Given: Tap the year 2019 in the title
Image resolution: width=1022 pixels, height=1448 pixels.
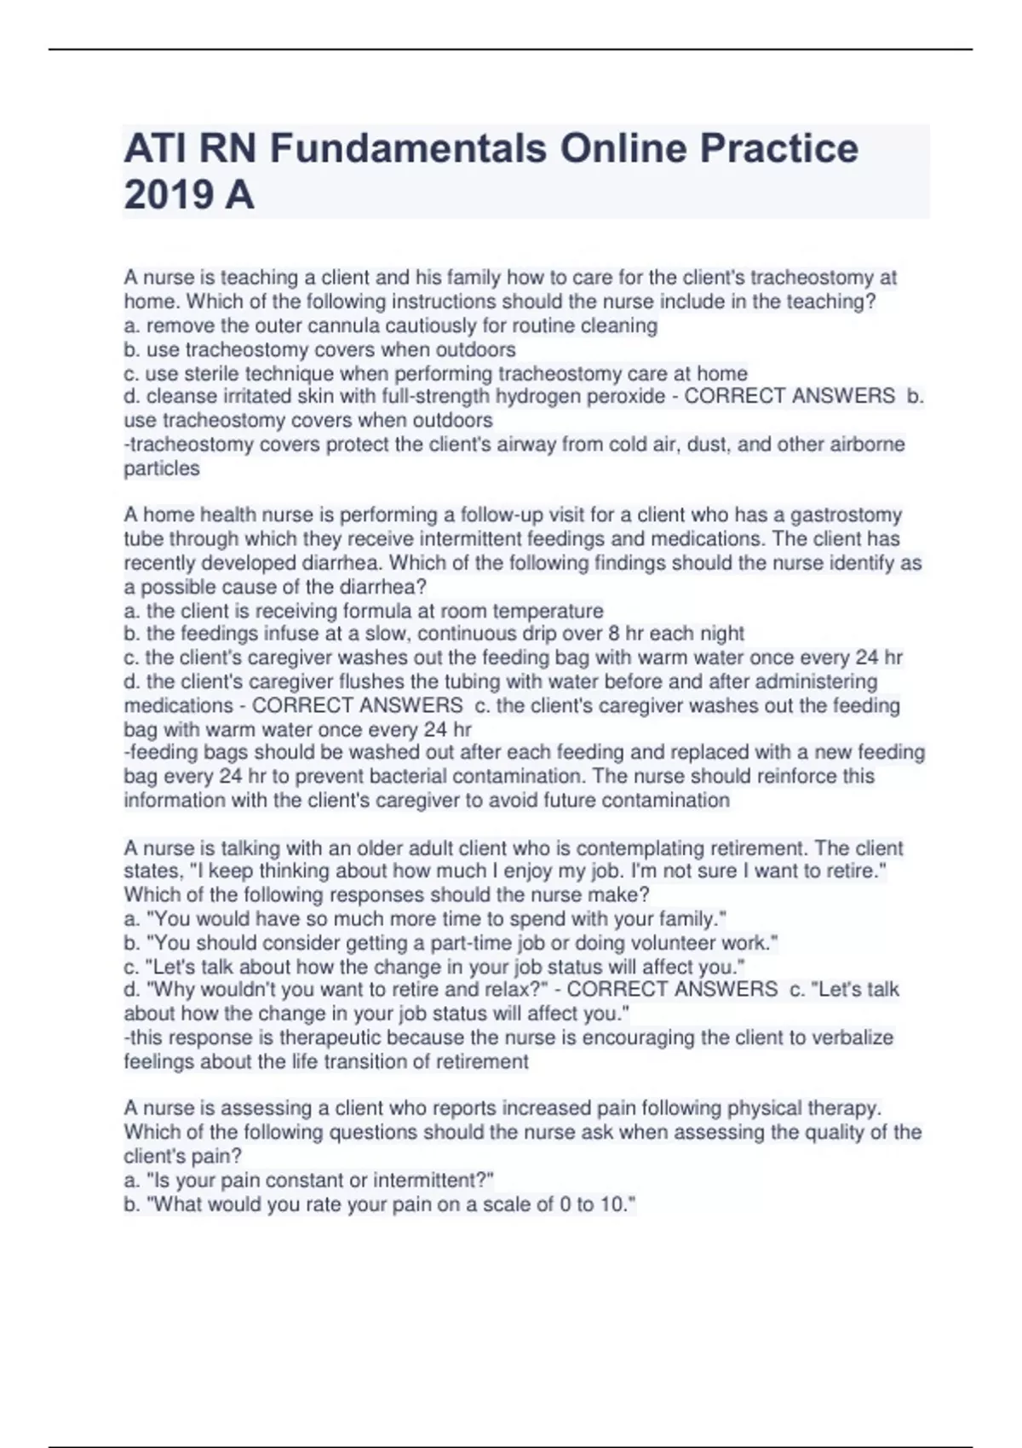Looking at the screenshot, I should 168,195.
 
